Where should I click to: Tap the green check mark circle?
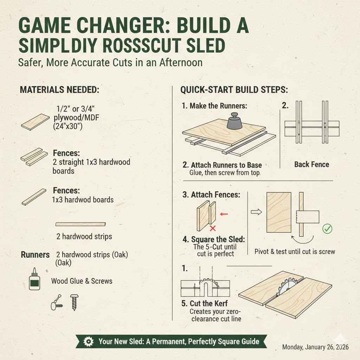(x=327, y=229)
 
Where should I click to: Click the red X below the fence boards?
(x=212, y=229)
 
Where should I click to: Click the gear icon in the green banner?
(x=88, y=341)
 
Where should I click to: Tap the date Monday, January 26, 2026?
(x=315, y=347)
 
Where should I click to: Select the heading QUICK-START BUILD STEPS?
(x=234, y=90)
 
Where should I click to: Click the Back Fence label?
(x=311, y=164)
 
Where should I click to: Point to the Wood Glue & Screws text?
(x=82, y=281)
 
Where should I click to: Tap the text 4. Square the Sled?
(x=214, y=239)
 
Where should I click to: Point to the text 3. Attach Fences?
(x=211, y=194)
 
